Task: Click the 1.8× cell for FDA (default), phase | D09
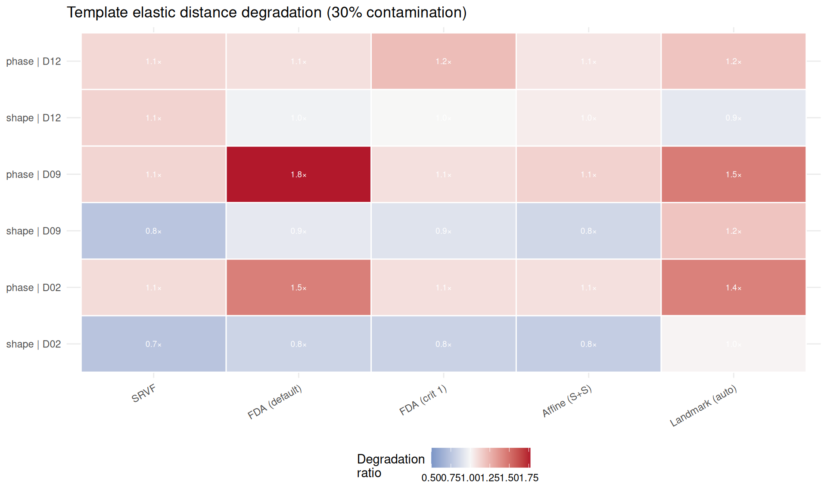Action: point(298,174)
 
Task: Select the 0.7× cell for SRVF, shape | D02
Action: point(154,344)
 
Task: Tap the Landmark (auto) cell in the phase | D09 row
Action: point(734,174)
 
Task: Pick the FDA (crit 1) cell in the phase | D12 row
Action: point(444,61)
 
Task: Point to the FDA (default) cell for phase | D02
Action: point(298,288)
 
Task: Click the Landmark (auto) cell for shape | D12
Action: point(734,118)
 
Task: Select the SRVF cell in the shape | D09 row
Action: point(154,231)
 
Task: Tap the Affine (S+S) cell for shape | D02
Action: point(588,344)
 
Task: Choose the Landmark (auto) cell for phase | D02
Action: point(734,288)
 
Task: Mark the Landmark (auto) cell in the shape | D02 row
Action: point(734,344)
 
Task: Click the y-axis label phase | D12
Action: point(34,62)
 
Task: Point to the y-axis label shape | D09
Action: point(34,231)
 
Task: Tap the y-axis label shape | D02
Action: point(34,344)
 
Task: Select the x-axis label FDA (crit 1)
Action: point(423,400)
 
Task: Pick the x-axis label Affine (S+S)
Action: point(567,401)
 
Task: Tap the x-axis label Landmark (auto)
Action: point(703,406)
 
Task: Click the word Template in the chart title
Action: point(97,12)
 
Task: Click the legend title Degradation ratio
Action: point(391,466)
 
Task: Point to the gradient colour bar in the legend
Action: point(481,458)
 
